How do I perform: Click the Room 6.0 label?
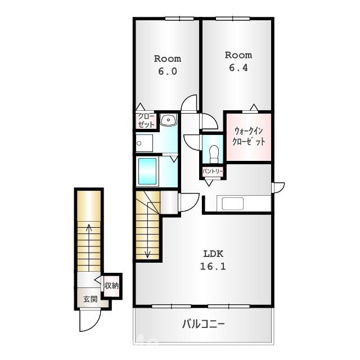tap(168, 65)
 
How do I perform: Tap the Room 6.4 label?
tap(238, 61)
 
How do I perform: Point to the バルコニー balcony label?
tap(204, 324)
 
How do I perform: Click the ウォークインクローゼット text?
tap(248, 137)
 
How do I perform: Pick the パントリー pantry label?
tap(213, 170)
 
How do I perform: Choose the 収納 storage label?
tap(111, 285)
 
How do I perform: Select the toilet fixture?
tap(213, 152)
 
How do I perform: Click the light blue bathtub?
tap(147, 171)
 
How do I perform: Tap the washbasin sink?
tap(168, 120)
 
